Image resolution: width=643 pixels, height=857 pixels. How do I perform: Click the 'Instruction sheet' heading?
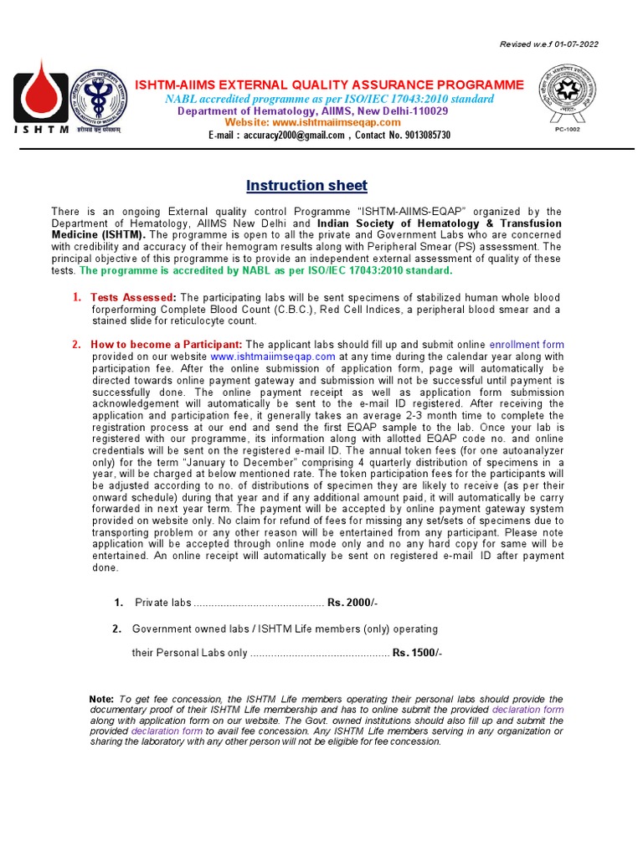coord(306,185)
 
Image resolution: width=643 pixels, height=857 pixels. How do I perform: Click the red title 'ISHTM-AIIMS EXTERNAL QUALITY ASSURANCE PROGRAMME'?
coord(330,85)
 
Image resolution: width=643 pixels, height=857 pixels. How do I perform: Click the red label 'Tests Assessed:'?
coord(133,298)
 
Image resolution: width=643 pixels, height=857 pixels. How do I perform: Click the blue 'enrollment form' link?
coord(527,344)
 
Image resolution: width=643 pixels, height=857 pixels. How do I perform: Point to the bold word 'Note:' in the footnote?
coord(100,699)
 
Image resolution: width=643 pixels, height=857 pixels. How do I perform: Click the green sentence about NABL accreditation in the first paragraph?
coord(265,270)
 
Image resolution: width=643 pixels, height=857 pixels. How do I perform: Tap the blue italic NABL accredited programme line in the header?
coord(329,100)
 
